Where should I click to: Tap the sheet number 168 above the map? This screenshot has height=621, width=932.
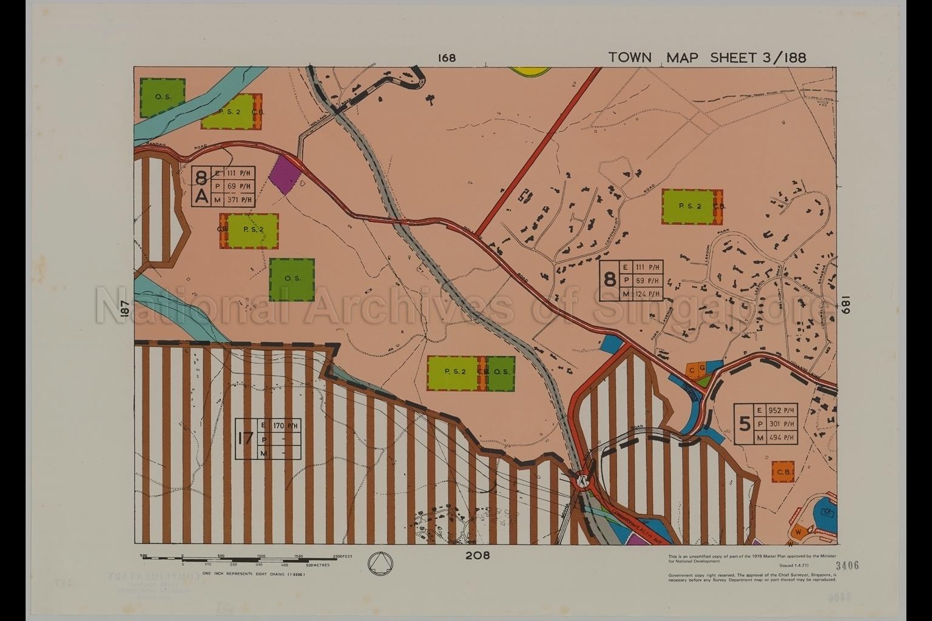[447, 58]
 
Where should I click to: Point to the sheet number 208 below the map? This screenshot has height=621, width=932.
[478, 555]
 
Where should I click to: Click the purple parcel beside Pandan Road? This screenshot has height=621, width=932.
[285, 175]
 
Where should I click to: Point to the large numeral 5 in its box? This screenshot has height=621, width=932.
[745, 424]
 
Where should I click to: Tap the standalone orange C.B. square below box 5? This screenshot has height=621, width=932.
[783, 472]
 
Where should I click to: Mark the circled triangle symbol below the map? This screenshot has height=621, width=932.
[380, 562]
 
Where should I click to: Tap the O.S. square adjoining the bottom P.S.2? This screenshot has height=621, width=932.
[501, 372]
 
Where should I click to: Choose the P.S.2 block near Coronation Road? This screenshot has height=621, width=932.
[689, 206]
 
